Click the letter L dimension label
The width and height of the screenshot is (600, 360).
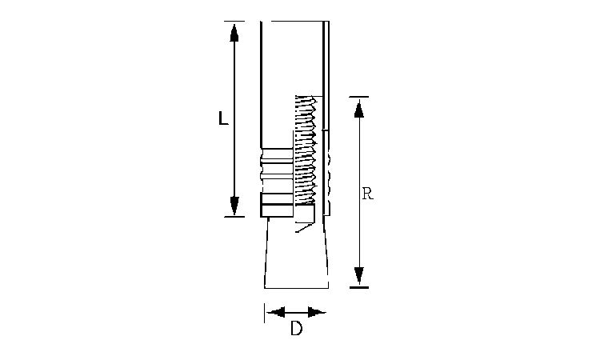(223, 118)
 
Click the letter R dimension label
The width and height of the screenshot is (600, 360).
(367, 194)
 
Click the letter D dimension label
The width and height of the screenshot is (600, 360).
(296, 328)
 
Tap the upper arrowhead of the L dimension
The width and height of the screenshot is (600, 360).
(234, 33)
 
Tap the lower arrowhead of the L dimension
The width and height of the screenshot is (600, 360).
(234, 206)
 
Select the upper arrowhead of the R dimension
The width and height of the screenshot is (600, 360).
(358, 108)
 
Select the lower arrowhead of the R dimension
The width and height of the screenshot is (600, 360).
(358, 276)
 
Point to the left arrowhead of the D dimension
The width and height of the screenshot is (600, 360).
(276, 312)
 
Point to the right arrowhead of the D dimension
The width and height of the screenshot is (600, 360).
(317, 312)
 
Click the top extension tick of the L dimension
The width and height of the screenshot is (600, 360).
(234, 21)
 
